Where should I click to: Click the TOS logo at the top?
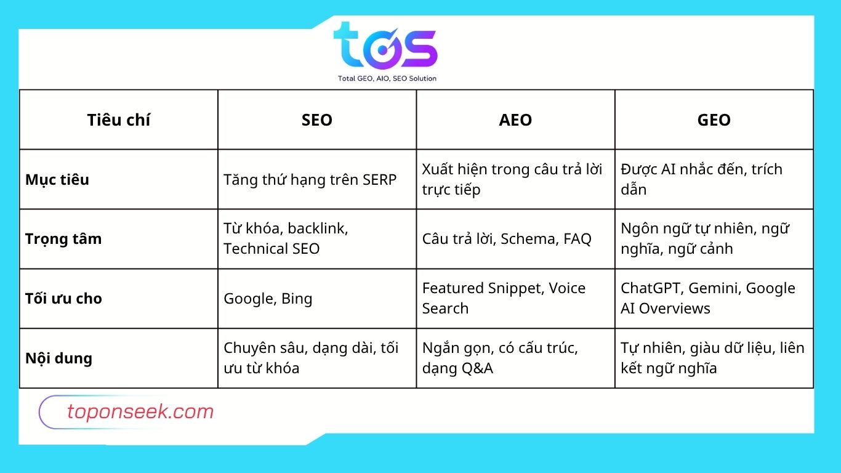[x=385, y=46]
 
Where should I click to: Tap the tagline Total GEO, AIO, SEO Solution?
[x=387, y=78]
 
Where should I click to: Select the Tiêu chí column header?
[x=119, y=120]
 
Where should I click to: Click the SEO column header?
[x=317, y=120]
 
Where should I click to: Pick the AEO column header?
[x=515, y=120]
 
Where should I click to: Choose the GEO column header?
[x=714, y=120]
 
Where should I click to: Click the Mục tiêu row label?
[x=57, y=180]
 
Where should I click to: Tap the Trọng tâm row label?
[x=63, y=239]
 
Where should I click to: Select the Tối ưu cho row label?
[x=63, y=299]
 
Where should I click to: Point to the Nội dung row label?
[x=58, y=358]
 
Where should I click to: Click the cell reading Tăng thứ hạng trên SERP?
[x=310, y=180]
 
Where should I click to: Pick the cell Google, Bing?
[x=268, y=299]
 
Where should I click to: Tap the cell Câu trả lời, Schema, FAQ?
[x=507, y=239]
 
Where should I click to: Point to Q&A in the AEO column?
[x=477, y=368]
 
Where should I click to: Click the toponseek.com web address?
[x=140, y=412]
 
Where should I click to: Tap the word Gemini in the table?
[x=714, y=288]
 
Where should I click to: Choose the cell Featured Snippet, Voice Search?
[x=504, y=298]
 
